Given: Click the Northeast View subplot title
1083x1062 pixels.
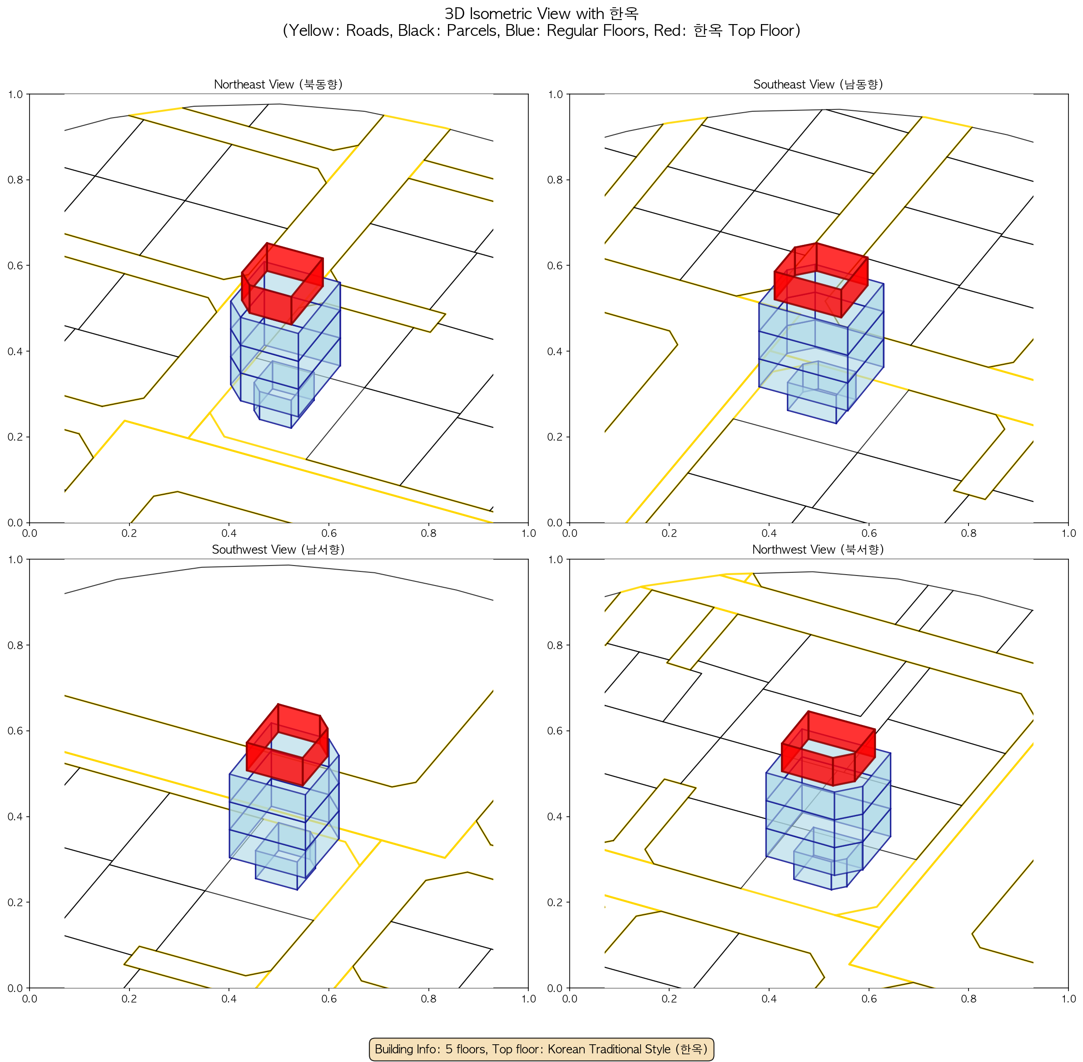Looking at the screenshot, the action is [x=278, y=84].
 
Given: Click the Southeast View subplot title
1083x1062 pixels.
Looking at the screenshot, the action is [x=818, y=84].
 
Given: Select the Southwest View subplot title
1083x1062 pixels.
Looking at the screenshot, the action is [x=278, y=550].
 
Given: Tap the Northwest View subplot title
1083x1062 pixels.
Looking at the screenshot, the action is [x=818, y=550].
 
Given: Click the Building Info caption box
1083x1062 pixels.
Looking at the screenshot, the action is [x=541, y=1049].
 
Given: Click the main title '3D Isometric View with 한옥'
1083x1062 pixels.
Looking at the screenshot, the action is [x=541, y=13].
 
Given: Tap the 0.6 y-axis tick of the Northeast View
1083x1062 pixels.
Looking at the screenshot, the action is [x=15, y=265].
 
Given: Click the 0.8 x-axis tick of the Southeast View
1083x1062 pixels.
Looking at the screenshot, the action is [x=969, y=533].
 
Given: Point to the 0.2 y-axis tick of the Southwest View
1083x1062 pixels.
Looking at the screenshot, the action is [x=15, y=903].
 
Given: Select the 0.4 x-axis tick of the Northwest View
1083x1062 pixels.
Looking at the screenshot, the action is [x=769, y=998].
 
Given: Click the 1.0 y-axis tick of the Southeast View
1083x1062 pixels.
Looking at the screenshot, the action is [x=556, y=94].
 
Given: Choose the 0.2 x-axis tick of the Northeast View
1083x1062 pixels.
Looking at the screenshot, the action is [x=129, y=533].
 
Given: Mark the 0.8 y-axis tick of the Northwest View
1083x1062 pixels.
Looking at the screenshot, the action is [x=556, y=645].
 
